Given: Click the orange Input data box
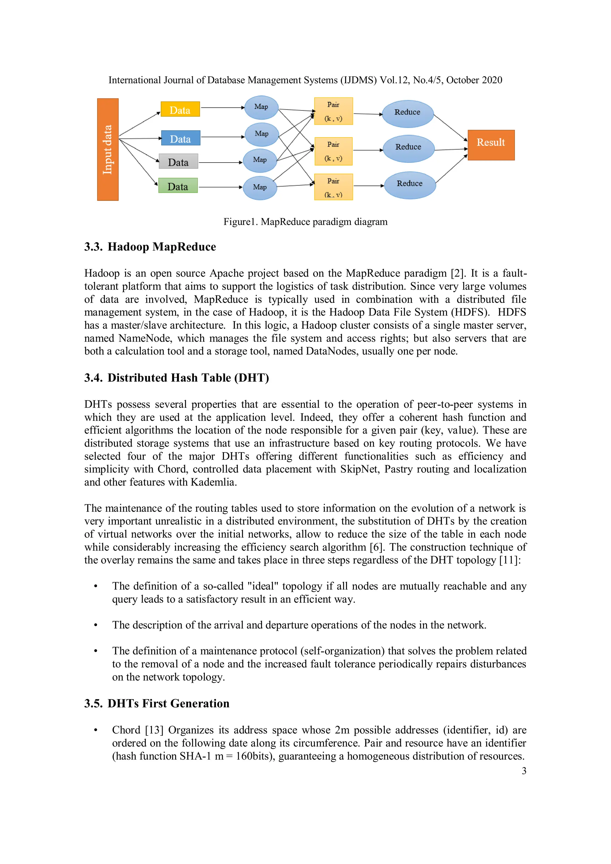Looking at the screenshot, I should tap(108, 149).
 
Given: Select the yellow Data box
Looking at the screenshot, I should tap(180, 109).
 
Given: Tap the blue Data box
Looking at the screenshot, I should tap(180, 138).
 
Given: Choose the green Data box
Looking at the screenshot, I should tap(178, 186).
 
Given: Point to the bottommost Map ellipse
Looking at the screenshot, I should tap(260, 187).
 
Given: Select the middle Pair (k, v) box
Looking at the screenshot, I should tap(333, 151).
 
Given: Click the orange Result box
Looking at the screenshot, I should tap(490, 145).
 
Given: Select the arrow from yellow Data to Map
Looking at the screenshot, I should tap(222, 108).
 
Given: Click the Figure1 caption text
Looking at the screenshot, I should tap(305, 222).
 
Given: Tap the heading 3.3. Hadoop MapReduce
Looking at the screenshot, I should tap(150, 247).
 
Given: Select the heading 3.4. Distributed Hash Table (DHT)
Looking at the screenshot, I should tap(176, 378).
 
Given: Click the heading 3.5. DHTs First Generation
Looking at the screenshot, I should tap(157, 704).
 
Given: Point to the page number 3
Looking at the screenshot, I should tap(524, 771).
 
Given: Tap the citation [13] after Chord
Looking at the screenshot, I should tap(154, 730).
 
